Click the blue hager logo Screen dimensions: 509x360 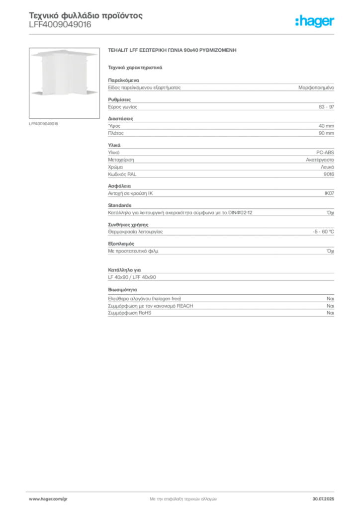(x=315, y=22)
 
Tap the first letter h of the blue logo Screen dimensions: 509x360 (x=299, y=21)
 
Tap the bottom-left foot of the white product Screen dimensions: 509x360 (x=38, y=92)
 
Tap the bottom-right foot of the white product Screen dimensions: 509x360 (x=89, y=92)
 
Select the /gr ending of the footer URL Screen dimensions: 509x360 (x=64, y=499)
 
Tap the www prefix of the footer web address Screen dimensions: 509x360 (x=33, y=499)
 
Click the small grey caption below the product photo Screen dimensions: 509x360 (x=44, y=123)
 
